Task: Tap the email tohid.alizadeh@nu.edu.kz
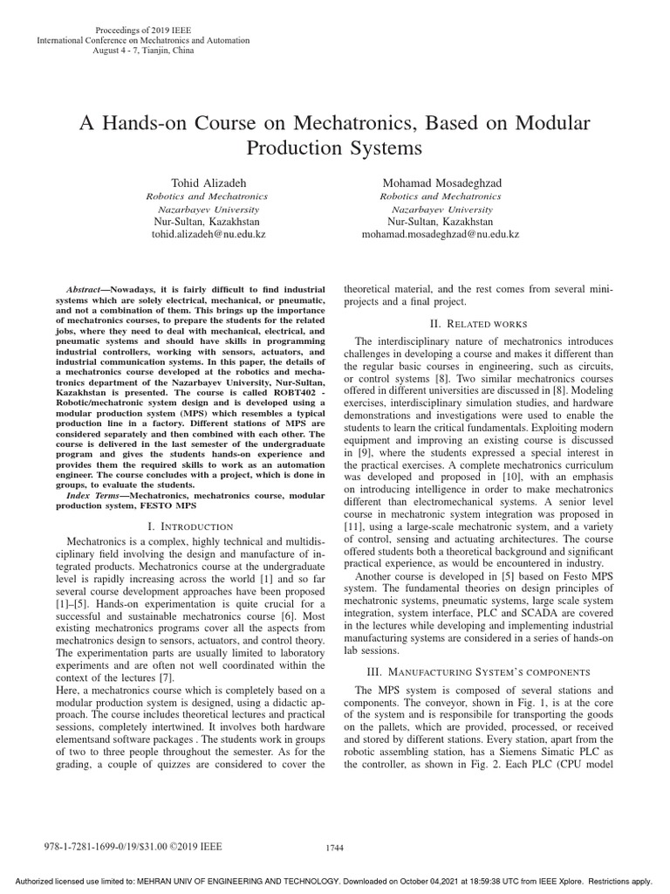coord(207,235)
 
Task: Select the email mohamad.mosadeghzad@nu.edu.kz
coord(440,235)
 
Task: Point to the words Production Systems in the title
coord(334,148)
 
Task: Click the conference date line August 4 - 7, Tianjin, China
coord(144,51)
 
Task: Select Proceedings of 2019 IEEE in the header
coord(144,30)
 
